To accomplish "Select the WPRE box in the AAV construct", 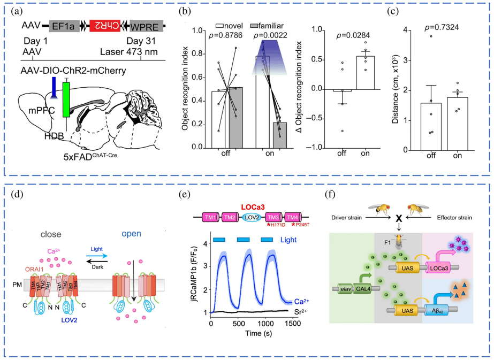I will point(145,25).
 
